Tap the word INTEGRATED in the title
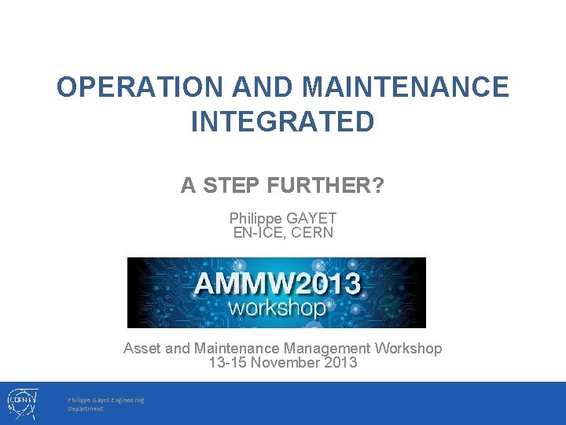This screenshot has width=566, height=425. coord(282,122)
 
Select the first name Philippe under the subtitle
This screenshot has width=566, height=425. coord(256,218)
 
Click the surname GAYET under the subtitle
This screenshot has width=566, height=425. coord(313,218)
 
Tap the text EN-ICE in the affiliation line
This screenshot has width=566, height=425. coord(259,232)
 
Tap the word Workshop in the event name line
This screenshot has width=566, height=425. coord(409,348)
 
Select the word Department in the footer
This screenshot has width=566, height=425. coord(85,409)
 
